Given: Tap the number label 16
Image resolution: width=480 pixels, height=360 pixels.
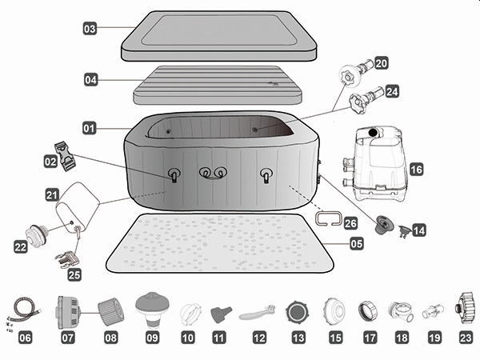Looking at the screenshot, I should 415,170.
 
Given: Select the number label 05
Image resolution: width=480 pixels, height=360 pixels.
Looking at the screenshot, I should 356,243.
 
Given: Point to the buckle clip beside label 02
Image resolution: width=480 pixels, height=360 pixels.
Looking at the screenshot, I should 64,151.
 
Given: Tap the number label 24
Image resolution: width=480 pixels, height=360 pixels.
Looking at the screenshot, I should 392,92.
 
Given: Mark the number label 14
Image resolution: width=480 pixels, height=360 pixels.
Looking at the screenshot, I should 418,230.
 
